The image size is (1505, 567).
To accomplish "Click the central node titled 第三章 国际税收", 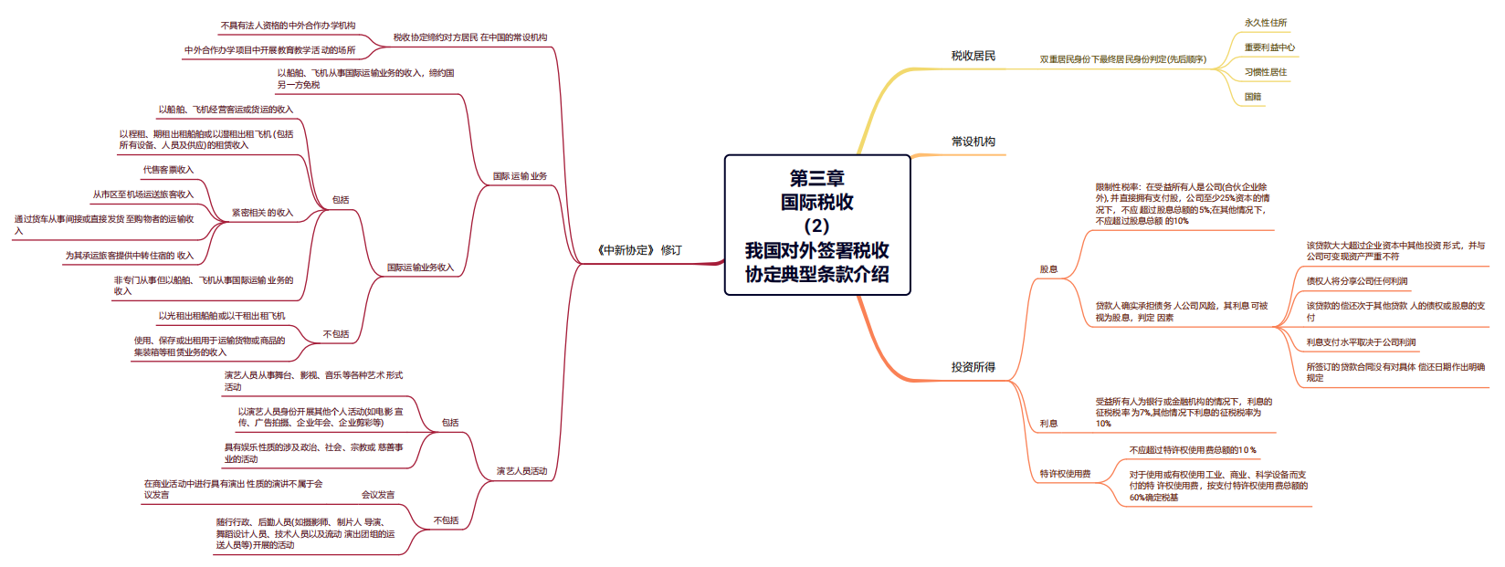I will pos(817,226).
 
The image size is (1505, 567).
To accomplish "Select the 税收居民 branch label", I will pos(973,56).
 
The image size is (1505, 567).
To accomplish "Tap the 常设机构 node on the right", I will pos(973,142).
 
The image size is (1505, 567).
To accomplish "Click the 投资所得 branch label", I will pos(973,367).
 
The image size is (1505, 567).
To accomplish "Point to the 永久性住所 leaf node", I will pos(1265,23).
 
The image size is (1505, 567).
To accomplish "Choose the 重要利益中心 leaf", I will pos(1268,47).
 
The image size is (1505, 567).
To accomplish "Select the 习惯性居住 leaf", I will pos(1265,72).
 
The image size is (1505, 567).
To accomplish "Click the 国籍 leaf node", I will pos(1252,97).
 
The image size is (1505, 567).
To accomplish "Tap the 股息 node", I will pos(1048,269).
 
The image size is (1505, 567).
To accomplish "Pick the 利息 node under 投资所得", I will pos(1048,424).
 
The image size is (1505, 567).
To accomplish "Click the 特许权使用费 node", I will pos(1065,474).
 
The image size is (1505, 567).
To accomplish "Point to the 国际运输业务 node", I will pos(520,176).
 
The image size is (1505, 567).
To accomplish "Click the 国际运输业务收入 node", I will pos(419,268).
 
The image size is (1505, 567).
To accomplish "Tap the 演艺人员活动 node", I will pos(521,471).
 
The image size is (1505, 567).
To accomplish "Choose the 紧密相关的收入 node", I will pos(262,213).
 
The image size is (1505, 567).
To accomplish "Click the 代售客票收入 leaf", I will pos(168,170).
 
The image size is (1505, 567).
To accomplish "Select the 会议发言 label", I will pos(378,495).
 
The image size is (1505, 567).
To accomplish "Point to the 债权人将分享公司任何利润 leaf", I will pos(1356,281).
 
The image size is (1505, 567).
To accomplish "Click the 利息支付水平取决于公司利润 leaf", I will pos(1361,342).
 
